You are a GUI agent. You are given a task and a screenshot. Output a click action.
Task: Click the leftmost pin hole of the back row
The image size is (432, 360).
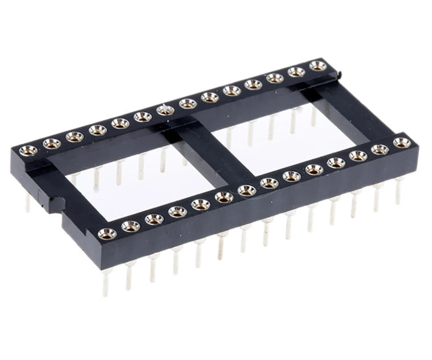tap(29, 151)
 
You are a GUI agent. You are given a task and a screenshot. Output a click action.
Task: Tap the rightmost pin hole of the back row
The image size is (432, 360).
tap(317, 66)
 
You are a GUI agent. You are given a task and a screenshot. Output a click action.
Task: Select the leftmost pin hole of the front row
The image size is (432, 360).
tap(107, 234)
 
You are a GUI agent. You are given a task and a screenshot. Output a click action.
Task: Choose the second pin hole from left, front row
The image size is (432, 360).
tap(130, 226)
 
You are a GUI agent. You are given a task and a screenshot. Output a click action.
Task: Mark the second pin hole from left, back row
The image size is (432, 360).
tap(52, 143)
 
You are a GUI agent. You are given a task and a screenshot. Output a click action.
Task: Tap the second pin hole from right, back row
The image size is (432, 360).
tap(296, 71)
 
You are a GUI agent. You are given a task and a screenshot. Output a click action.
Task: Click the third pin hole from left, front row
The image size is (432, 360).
tap(154, 219)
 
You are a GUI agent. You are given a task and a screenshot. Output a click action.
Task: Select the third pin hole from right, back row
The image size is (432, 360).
tap(274, 78)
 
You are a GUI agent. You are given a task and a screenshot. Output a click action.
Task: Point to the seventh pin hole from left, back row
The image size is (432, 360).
tap(165, 110)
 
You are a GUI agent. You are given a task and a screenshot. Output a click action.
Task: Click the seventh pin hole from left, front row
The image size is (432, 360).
tap(247, 190)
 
